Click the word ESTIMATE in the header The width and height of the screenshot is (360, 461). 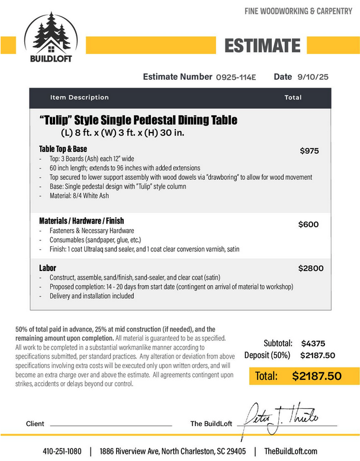(x=263, y=45)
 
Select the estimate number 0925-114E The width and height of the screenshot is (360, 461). (x=236, y=77)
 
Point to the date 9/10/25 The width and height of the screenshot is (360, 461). (x=313, y=77)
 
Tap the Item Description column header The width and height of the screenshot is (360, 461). (x=79, y=98)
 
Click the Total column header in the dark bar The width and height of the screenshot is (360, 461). (x=292, y=98)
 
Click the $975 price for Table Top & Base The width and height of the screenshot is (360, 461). (x=309, y=151)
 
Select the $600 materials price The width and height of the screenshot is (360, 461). (x=308, y=224)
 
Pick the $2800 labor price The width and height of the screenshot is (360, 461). (x=311, y=268)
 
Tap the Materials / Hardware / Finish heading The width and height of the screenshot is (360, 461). (x=81, y=221)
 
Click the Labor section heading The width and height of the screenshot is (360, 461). (x=48, y=268)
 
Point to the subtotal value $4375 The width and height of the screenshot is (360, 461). (x=313, y=343)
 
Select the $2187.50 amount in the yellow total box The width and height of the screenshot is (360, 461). (x=317, y=376)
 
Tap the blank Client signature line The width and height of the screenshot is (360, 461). (x=112, y=425)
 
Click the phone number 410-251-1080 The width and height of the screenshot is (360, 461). (x=62, y=451)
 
